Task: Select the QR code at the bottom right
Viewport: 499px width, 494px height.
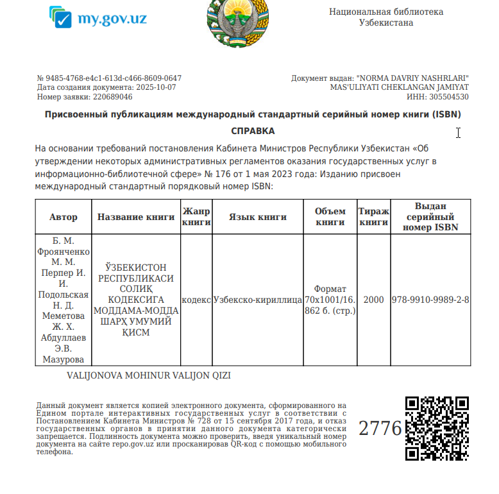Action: click(x=437, y=427)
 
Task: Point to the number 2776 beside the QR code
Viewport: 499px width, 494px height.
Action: click(x=380, y=428)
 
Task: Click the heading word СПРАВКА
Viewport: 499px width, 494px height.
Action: click(x=253, y=131)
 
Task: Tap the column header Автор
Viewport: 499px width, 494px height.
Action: click(x=63, y=217)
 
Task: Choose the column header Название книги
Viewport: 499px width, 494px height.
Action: click(x=136, y=217)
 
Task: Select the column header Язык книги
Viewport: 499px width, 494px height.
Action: click(x=258, y=217)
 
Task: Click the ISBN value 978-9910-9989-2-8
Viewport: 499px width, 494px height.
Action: click(x=430, y=300)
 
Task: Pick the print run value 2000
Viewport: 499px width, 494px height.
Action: click(x=373, y=300)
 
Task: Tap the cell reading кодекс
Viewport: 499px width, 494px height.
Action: click(x=196, y=300)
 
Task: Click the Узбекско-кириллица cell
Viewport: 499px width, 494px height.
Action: click(x=257, y=300)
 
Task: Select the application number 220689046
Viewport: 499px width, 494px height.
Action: click(x=113, y=97)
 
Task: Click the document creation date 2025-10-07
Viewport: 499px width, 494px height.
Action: click(x=155, y=87)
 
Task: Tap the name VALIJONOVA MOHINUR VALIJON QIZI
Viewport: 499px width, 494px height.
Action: click(x=148, y=375)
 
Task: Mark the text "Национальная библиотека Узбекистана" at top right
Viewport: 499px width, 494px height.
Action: click(x=386, y=17)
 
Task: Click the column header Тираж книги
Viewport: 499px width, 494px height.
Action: click(x=373, y=217)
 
